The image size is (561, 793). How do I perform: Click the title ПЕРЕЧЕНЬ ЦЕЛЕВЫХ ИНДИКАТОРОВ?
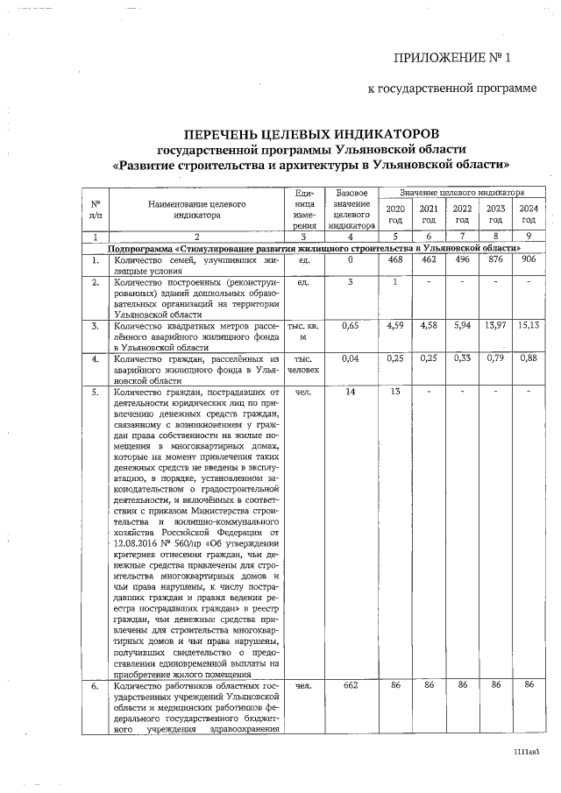point(309,134)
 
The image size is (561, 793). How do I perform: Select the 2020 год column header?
point(395,214)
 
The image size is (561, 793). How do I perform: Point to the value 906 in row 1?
point(528,260)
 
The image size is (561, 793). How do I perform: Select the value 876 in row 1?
point(495,260)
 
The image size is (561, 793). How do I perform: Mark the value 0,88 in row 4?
point(528,358)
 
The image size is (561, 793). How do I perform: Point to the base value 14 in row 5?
point(350,391)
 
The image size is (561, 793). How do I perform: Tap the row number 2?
point(93,283)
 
